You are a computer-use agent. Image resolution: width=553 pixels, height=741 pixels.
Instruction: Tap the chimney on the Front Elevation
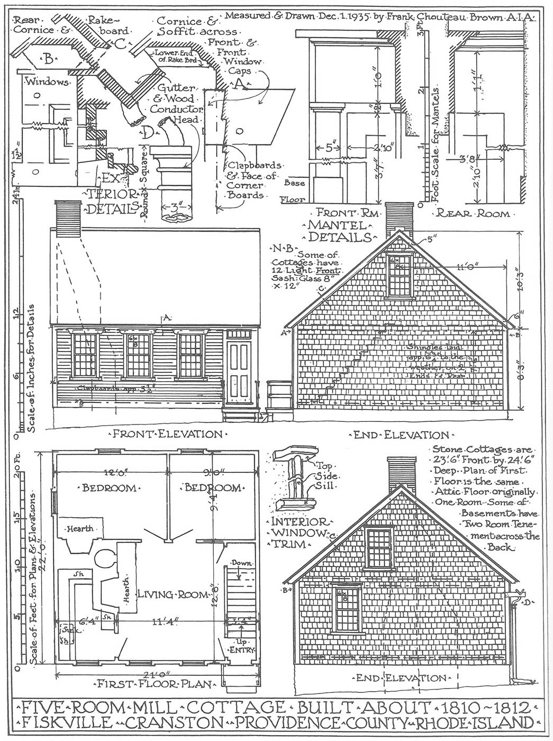tap(67, 216)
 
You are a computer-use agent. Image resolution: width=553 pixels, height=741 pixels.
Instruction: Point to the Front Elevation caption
tap(167, 434)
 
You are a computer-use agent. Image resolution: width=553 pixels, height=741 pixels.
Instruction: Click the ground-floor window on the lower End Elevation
tap(347, 609)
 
